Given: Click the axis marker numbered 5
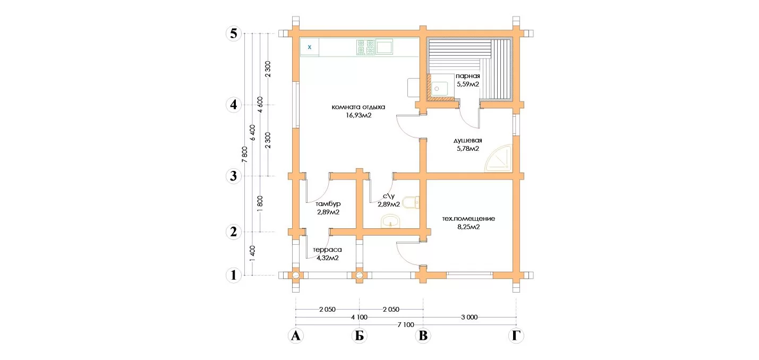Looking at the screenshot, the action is (234, 33).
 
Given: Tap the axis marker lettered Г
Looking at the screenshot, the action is (516, 336).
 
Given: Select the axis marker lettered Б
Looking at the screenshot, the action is (360, 336).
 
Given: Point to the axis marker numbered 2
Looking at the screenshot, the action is (234, 232).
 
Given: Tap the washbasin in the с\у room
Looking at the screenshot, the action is (391, 221).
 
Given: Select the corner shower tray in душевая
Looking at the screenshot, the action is (499, 158).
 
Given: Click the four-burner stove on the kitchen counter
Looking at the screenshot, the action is (365, 47).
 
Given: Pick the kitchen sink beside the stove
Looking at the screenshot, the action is (384, 47).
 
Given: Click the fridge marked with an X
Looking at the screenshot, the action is (310, 47).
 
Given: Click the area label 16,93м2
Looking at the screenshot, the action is (359, 115).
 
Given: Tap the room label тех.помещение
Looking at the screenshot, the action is (468, 218).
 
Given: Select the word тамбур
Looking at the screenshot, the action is (328, 204).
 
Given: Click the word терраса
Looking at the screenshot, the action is (327, 250).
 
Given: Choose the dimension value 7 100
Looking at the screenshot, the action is (406, 325).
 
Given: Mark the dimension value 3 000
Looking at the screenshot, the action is (470, 318).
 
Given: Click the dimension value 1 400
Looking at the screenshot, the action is (252, 253).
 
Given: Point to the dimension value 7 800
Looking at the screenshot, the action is (245, 155).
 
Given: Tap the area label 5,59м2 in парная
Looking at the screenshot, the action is (468, 84).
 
